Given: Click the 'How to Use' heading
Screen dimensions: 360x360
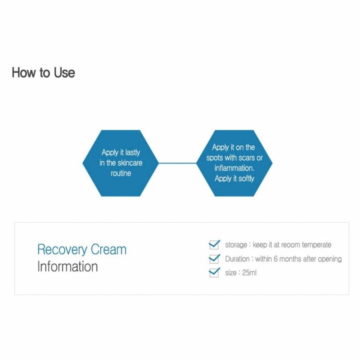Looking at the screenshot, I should [x=43, y=72].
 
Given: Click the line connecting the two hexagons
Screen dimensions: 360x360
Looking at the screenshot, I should [x=177, y=163].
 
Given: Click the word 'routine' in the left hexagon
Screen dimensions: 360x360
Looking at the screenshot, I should [x=121, y=173].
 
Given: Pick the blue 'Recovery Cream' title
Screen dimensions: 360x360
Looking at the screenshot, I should [x=81, y=249].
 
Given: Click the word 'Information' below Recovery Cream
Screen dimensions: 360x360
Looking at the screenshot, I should [x=67, y=266].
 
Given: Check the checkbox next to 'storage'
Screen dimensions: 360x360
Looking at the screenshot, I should [x=214, y=245].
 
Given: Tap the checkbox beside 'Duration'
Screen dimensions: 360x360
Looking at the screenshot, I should [x=214, y=259].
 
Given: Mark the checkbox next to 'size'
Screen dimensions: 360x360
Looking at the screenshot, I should [x=214, y=273].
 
